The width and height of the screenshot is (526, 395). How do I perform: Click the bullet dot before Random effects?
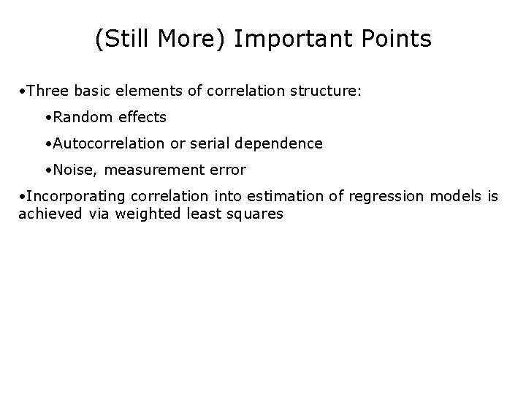coord(45,118)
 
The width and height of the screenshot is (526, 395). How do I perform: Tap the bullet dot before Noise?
coord(45,170)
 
